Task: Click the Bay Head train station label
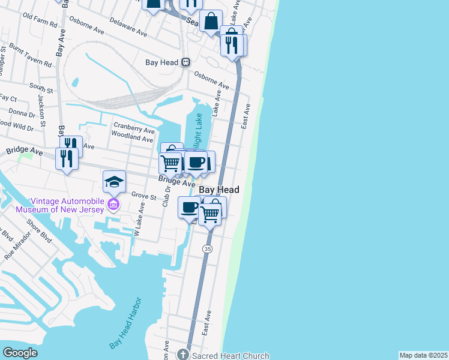(162, 62)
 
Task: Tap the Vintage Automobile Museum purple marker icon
(112, 205)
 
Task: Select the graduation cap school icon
(115, 181)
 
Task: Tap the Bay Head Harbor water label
(125, 323)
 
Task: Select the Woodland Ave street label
(133, 138)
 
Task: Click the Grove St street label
(143, 196)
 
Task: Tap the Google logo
(20, 353)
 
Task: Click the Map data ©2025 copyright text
(423, 355)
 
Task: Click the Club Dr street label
(166, 196)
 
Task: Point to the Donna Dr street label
(22, 113)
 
